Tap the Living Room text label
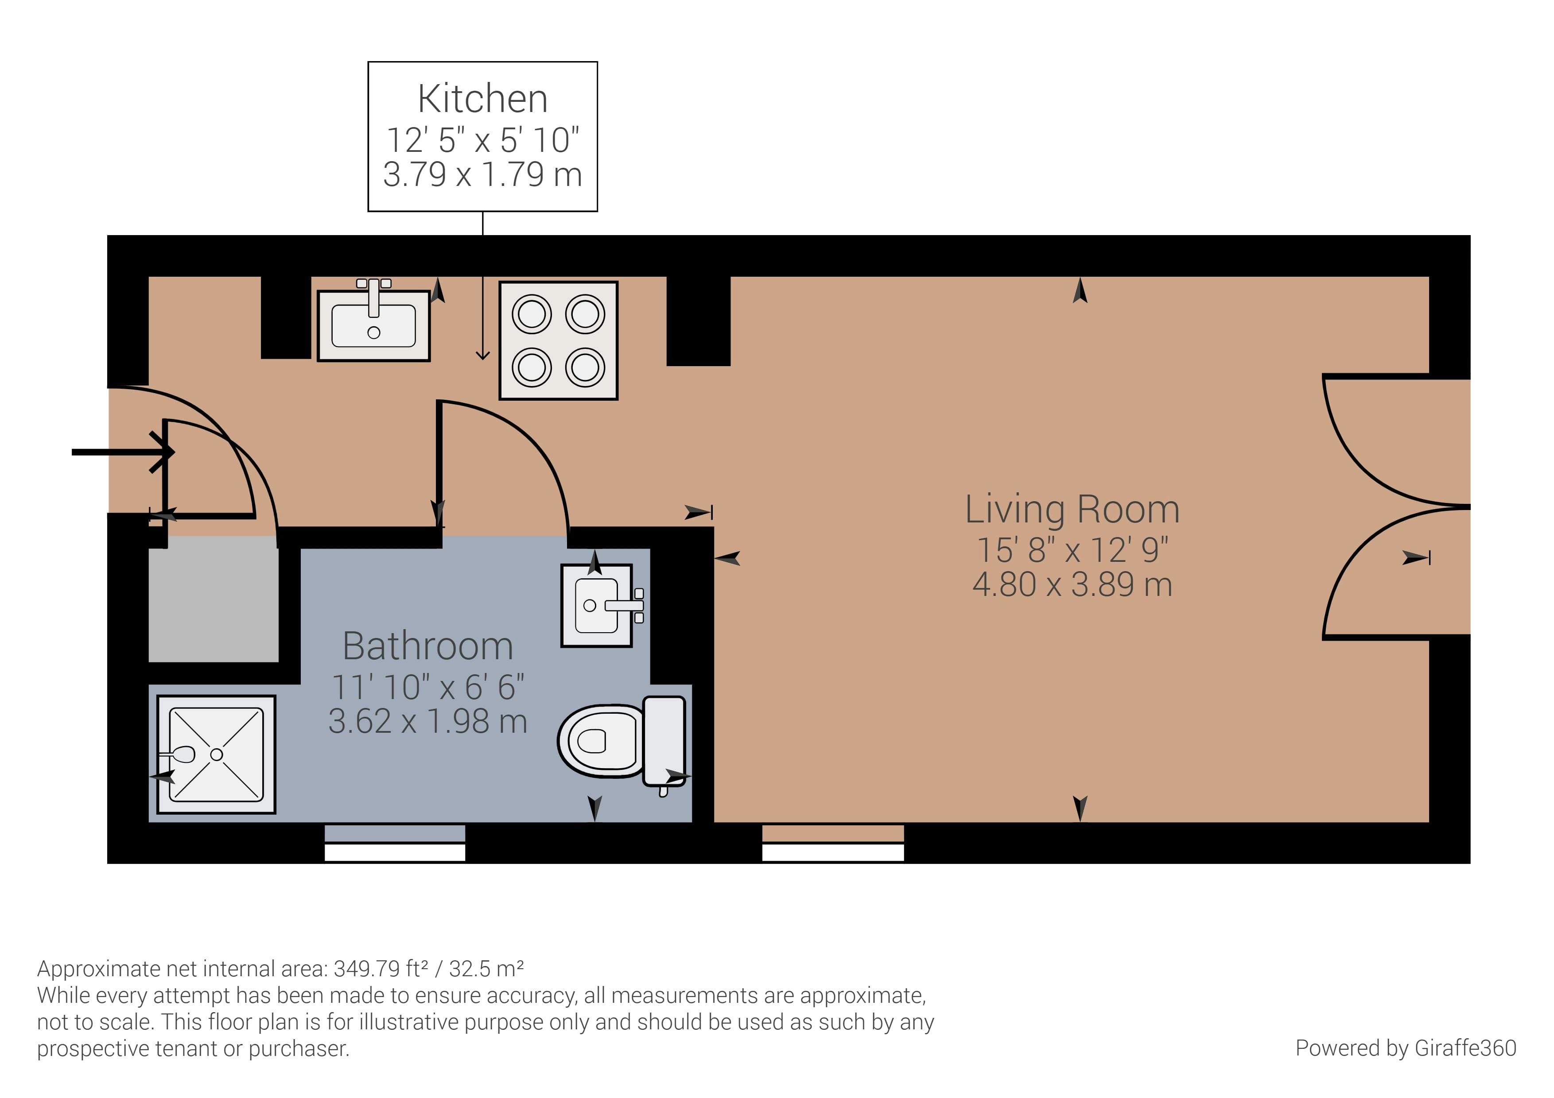point(1072,510)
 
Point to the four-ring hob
point(558,341)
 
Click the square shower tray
point(217,754)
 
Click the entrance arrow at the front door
point(123,452)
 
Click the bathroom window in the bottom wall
point(395,843)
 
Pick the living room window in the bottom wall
point(833,843)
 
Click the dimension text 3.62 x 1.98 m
point(428,721)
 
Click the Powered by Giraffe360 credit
point(1406,1048)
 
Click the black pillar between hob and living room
point(699,321)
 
